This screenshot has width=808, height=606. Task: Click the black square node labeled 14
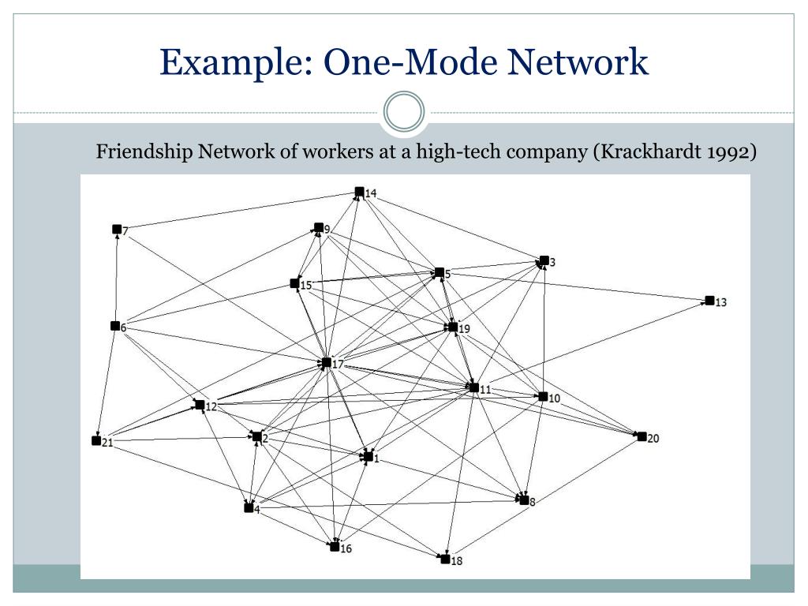click(359, 192)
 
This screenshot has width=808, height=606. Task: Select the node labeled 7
click(117, 230)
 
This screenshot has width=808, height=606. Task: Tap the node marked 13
click(709, 301)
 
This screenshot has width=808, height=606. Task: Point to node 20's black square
click(642, 436)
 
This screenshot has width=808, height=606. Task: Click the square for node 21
click(96, 440)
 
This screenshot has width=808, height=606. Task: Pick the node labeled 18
click(445, 559)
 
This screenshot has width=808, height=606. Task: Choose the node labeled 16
click(335, 546)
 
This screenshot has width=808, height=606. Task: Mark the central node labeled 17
click(326, 363)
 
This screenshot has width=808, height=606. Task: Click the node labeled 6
click(115, 326)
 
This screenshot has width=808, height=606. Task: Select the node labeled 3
click(544, 260)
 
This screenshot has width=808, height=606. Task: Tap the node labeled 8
click(523, 499)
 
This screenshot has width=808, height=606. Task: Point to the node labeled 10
click(542, 396)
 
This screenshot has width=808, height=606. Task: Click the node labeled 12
click(200, 405)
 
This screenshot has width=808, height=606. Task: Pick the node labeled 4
click(249, 507)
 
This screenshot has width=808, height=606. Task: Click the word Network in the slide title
click(581, 62)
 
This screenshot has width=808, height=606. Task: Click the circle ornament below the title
click(404, 112)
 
